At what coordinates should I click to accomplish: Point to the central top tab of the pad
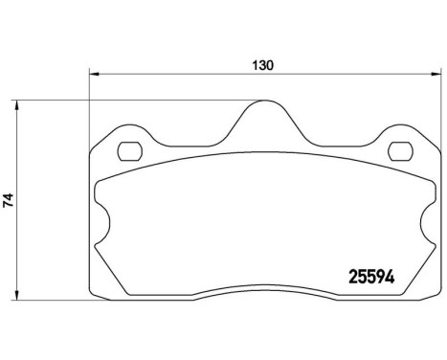point(263,120)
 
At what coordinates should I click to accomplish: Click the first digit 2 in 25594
point(348,273)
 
